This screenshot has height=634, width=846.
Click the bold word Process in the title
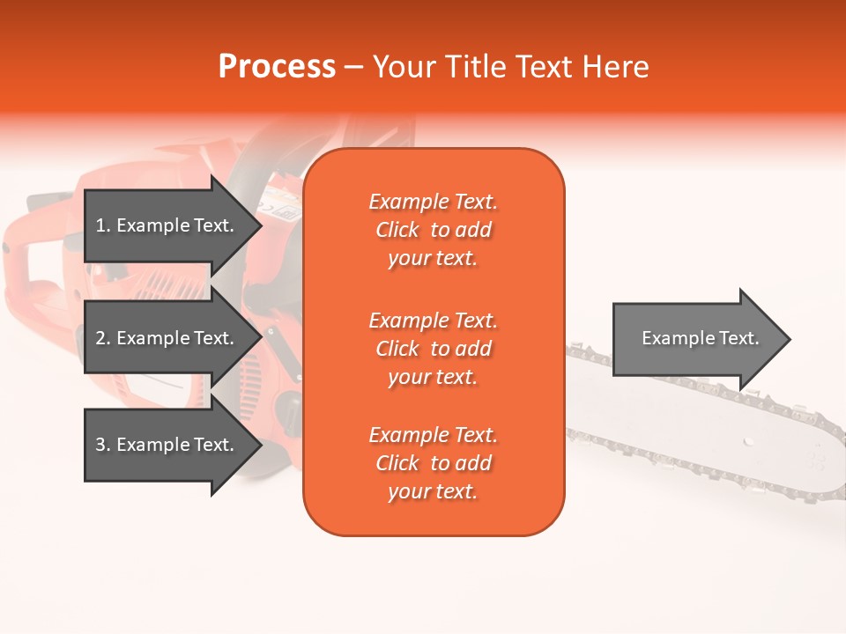coord(277,67)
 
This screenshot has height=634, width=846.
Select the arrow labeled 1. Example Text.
coord(167,225)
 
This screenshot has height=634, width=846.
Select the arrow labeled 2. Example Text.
coord(167,338)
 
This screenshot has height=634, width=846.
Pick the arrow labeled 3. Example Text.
coord(167,445)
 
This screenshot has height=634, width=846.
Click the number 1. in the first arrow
coord(103,225)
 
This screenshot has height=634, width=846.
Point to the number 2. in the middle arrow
coord(103,338)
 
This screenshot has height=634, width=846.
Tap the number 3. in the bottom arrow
coord(103,445)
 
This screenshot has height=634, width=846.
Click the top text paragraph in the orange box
coord(433,230)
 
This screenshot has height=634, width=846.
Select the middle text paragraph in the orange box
coord(433,349)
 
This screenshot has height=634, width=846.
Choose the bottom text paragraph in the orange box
coord(433,463)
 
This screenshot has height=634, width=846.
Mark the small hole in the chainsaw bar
coord(746,440)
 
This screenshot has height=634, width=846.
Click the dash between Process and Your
coord(354,67)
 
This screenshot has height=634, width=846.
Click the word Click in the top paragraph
coord(397,230)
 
